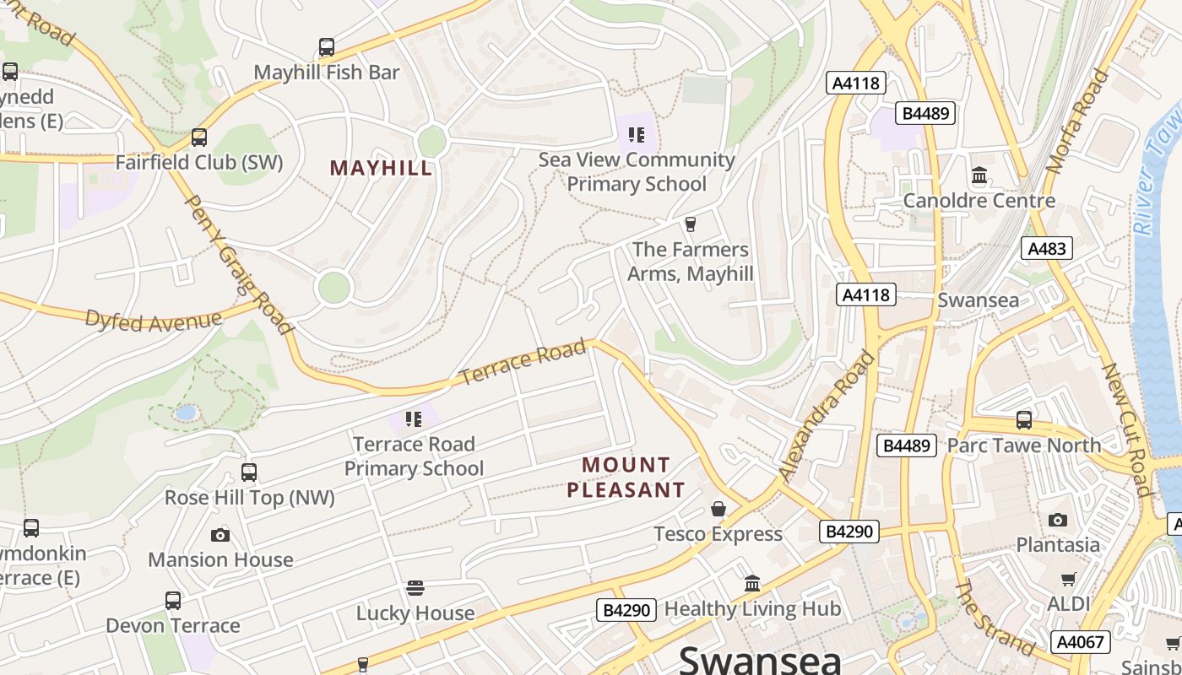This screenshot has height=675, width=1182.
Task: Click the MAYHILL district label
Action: [381, 168]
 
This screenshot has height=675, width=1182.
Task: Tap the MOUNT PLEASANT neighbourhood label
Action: [626, 478]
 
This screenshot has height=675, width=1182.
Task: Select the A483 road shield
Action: [1047, 248]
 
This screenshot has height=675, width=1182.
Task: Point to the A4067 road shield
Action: [1081, 642]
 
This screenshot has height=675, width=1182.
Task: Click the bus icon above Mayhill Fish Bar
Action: [326, 47]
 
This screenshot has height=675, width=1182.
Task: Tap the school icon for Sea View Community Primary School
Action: [637, 135]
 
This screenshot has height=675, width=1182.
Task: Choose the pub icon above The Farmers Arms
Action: [691, 224]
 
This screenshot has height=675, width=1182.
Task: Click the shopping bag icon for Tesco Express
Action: [718, 509]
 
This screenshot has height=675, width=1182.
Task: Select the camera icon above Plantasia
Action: [1057, 520]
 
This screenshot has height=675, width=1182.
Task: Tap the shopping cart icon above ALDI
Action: [1068, 579]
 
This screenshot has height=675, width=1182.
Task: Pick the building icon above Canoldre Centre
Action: [979, 175]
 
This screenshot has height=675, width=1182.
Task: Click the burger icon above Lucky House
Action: [415, 587]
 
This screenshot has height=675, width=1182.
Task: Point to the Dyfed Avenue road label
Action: [153, 321]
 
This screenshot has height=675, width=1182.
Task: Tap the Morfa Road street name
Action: [1077, 121]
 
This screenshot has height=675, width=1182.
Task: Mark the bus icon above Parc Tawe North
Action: [1024, 419]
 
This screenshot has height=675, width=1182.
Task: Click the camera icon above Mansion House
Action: [220, 535]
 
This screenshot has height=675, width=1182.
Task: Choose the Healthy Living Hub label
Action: [752, 609]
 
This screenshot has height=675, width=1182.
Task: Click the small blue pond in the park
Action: [186, 413]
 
